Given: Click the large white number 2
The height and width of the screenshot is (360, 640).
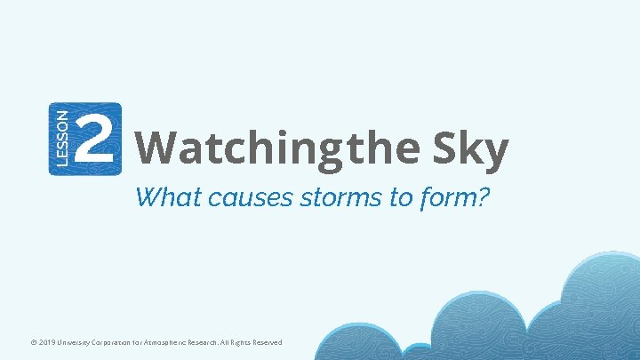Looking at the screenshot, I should pos(95,140).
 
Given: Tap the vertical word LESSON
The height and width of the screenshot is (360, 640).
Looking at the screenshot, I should pos(60,139).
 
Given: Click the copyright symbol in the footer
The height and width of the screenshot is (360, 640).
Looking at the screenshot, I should pos(34,342).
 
